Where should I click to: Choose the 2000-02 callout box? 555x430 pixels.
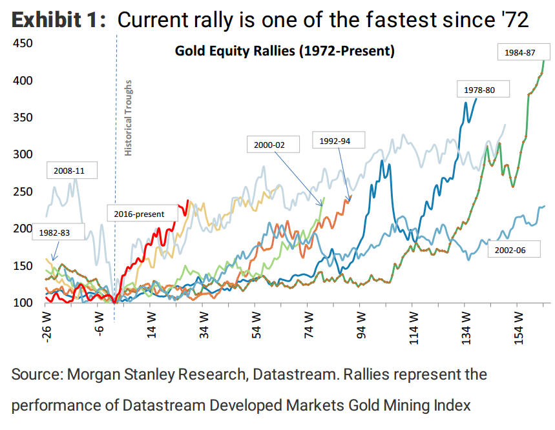[273, 145]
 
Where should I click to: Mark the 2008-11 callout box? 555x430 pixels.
[72, 171]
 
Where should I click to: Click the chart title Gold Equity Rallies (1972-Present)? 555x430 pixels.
[284, 50]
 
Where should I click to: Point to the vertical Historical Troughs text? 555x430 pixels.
[128, 118]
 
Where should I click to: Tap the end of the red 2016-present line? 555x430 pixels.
[187, 201]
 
